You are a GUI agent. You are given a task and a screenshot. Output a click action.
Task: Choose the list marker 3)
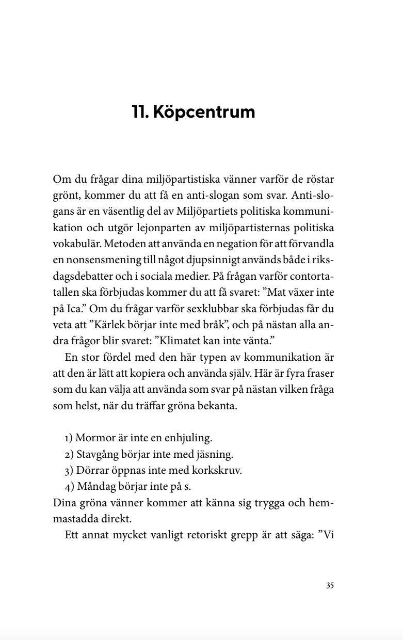(69, 471)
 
